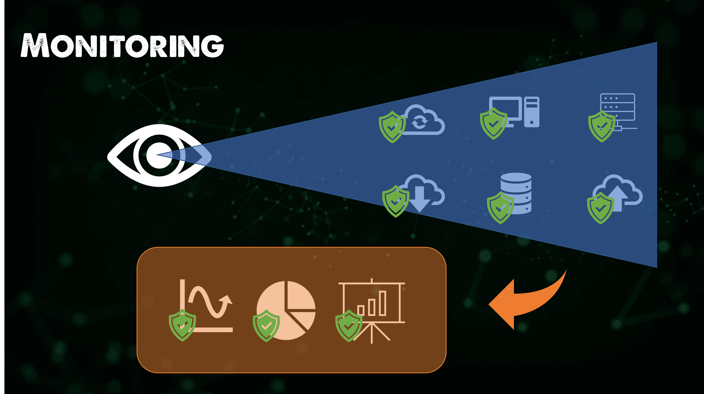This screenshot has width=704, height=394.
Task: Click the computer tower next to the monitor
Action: [x=531, y=112]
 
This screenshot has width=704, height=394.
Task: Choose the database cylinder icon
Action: [x=516, y=193]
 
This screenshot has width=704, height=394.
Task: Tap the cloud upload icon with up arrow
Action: [x=618, y=193]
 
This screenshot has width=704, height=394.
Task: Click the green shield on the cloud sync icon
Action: [x=392, y=127]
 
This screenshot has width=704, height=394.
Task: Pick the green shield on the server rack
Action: [x=602, y=126]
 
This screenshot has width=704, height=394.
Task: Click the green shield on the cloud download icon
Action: [x=395, y=201]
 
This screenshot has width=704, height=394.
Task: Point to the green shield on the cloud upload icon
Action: [x=600, y=208]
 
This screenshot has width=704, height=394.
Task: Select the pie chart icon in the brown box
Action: [x=286, y=310]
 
